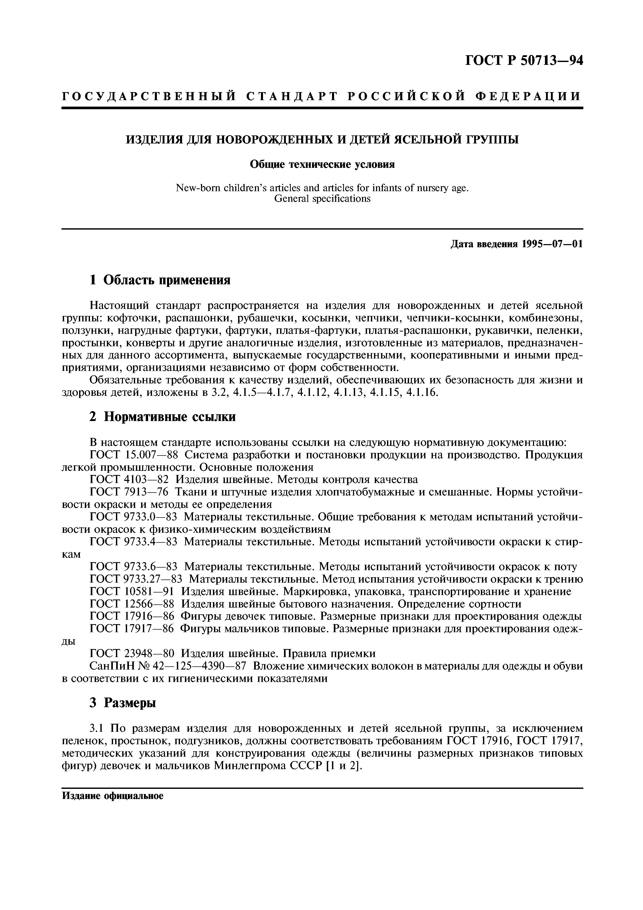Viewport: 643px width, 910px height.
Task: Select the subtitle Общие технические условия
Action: [x=322, y=164]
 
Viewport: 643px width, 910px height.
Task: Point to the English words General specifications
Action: [x=322, y=198]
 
